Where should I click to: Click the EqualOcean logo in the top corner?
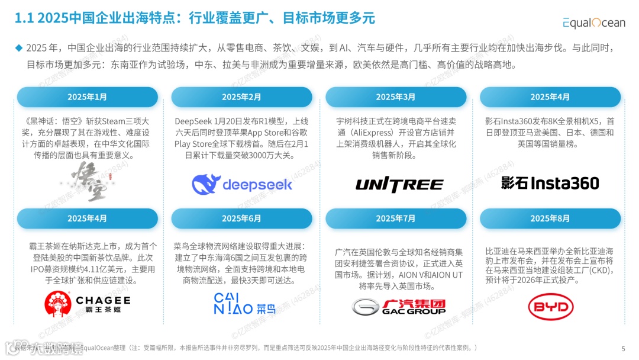coord(593,22)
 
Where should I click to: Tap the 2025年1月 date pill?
coord(87,97)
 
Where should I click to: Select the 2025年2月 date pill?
coord(241,97)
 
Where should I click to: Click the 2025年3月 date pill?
coord(396,97)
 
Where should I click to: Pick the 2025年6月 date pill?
coord(241,218)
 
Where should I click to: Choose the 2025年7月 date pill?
coord(396,218)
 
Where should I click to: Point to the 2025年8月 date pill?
coord(550,218)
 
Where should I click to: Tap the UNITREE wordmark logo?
coord(399,185)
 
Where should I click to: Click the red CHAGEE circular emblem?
coord(59,304)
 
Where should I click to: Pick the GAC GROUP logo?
coord(399,306)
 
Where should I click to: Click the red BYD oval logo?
coord(550,307)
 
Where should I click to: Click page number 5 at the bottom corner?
coord(623,348)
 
